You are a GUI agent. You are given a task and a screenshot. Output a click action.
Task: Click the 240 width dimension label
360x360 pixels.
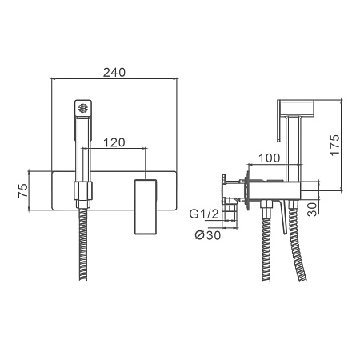(x=114, y=72)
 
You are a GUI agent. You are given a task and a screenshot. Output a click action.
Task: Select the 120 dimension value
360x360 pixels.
(x=114, y=142)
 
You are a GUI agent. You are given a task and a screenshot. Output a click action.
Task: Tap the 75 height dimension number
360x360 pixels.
(x=23, y=190)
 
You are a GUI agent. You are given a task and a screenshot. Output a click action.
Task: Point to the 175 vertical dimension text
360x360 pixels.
(x=335, y=145)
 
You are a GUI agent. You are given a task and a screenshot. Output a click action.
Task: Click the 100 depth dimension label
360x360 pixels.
(x=270, y=158)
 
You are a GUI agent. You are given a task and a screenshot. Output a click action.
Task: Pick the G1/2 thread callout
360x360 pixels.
(x=204, y=214)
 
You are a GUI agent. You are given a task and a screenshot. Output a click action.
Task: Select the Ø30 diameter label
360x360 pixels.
(x=208, y=235)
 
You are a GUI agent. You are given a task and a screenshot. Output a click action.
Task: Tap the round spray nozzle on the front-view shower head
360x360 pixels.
(x=83, y=108)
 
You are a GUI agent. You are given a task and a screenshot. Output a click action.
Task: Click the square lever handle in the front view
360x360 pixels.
(x=146, y=207)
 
